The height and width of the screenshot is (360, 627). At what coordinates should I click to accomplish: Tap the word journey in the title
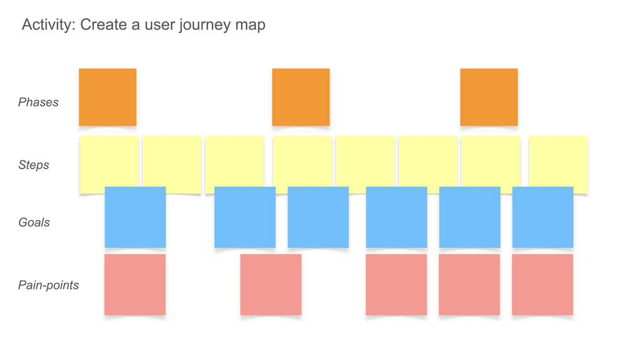pos(201,25)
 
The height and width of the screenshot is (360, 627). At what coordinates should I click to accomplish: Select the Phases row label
pos(38,102)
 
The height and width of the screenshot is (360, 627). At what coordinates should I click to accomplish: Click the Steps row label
pos(33,165)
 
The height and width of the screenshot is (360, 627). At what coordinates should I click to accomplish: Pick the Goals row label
pos(34,223)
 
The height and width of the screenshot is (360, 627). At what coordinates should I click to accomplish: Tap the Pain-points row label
pos(49,285)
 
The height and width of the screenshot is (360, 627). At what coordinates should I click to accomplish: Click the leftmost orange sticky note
pos(108,97)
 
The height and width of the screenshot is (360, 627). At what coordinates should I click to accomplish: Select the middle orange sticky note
pos(301,97)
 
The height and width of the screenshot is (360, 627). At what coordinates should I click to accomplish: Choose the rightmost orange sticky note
pos(489,97)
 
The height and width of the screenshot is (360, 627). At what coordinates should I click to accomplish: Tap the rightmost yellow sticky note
pos(559,159)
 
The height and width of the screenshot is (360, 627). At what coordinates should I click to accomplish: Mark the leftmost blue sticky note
pos(135,217)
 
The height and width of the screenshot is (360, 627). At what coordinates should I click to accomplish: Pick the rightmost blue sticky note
pos(543,217)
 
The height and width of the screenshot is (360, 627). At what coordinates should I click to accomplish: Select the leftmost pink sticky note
pos(135,285)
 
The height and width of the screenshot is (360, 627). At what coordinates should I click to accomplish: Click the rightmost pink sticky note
pos(542,285)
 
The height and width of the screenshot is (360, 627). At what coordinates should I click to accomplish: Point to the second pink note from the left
pos(271,285)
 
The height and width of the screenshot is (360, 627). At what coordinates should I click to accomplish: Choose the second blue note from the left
pos(245,217)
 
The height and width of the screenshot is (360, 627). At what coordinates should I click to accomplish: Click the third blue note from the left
pos(318,217)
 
